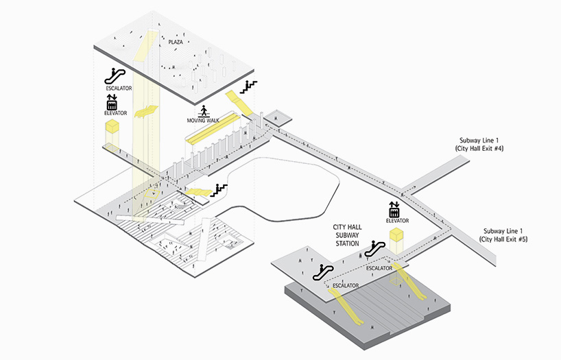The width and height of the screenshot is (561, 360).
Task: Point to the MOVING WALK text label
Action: point(203,121)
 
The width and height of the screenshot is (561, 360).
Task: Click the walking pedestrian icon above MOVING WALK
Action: point(203,110)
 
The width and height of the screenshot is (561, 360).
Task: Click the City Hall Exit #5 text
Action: point(505,239)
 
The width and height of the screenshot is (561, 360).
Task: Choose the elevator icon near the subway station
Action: point(395,208)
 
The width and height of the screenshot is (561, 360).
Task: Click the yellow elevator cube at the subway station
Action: point(395,238)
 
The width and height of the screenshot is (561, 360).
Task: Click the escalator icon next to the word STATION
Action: point(374,248)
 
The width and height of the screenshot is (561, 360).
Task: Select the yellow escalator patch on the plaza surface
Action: point(141,49)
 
